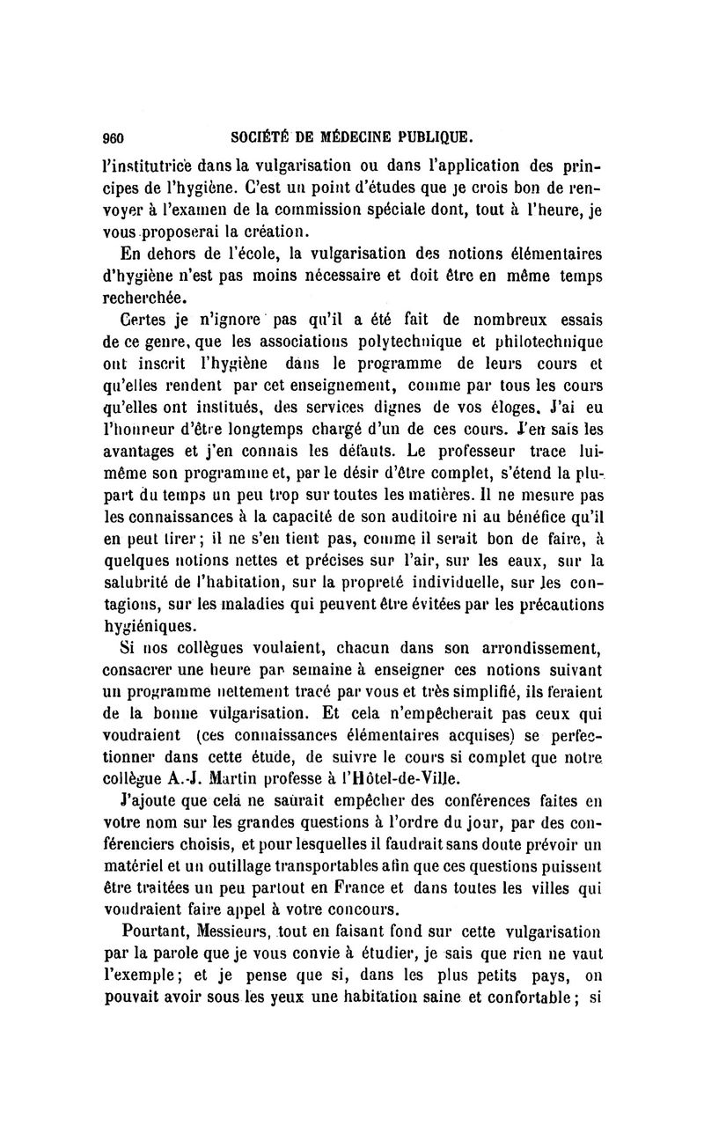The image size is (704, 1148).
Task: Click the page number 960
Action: coord(115,137)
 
